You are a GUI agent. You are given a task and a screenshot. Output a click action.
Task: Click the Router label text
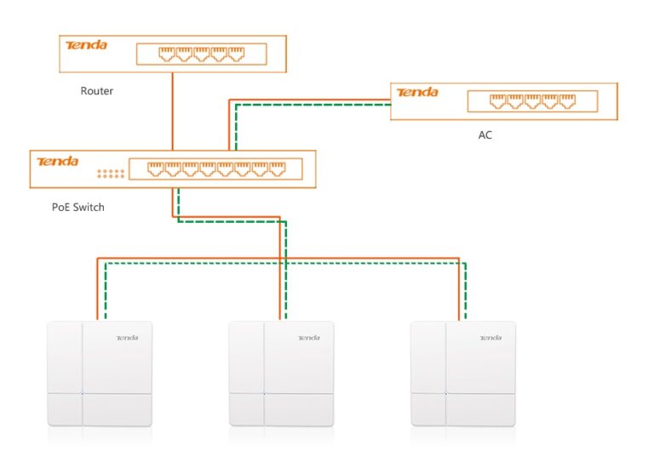pyautogui.click(x=96, y=91)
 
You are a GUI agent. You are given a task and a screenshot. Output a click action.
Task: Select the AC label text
pyautogui.click(x=485, y=134)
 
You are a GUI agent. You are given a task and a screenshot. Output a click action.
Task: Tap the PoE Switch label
pyautogui.click(x=78, y=206)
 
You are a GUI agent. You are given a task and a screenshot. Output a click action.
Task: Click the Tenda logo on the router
pyautogui.click(x=86, y=44)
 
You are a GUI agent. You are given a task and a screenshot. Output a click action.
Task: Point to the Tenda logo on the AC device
pyautogui.click(x=417, y=92)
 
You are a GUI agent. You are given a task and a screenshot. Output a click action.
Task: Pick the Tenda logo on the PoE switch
pyautogui.click(x=57, y=161)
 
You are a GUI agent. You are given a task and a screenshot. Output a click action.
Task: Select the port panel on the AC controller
pyautogui.click(x=531, y=101)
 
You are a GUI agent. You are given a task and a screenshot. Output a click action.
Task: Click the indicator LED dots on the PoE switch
pyautogui.click(x=111, y=174)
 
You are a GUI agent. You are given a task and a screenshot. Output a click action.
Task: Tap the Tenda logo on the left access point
pyautogui.click(x=127, y=338)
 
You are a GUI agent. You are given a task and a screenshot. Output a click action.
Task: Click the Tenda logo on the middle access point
pyautogui.click(x=309, y=338)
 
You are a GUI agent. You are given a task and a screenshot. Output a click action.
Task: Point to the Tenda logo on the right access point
pyautogui.click(x=490, y=338)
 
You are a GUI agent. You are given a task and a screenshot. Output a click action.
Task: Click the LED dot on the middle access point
pyautogui.click(x=264, y=393)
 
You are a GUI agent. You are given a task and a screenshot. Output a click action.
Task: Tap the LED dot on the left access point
pyautogui.click(x=82, y=393)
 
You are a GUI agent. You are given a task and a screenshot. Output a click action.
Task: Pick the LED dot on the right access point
pyautogui.click(x=445, y=393)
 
